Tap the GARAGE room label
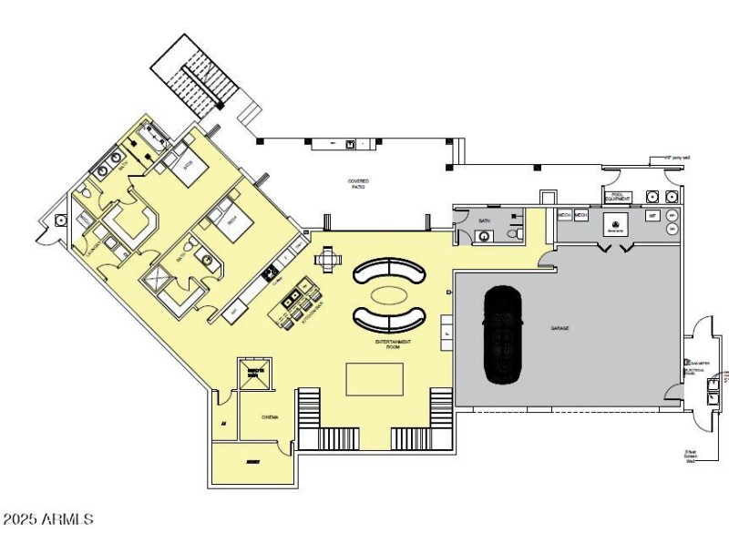pos(560,328)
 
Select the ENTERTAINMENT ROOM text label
pos(393,344)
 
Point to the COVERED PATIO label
pos(358,184)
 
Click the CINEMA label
pos(269,417)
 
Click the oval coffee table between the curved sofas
pos(388,295)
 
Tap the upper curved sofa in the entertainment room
pos(389,271)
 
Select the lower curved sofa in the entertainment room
pos(389,319)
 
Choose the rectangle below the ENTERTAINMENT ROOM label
pos(374,379)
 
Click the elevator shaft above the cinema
pos(255,374)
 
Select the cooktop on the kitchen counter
pos(271,272)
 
